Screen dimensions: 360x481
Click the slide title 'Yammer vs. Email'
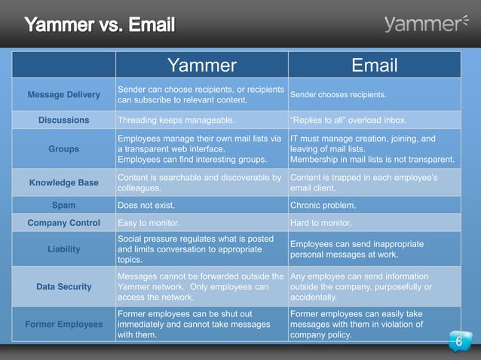coord(100,26)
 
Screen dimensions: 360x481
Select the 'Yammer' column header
coord(201,65)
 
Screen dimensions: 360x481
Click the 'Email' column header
coord(374,65)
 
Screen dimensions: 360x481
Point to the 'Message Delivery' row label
coord(63,95)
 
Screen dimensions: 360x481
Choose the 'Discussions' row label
coord(63,120)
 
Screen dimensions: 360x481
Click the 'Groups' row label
coord(63,149)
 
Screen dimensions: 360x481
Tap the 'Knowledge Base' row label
coord(63,182)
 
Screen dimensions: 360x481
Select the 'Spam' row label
coord(63,204)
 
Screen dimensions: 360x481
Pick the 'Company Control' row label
coord(63,223)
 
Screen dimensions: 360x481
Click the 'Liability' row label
coord(63,249)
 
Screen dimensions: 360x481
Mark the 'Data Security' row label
coord(63,286)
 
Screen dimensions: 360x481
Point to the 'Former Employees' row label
coord(63,324)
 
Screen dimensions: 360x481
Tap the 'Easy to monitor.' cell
coord(149,223)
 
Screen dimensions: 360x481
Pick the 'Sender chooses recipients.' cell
coord(339,95)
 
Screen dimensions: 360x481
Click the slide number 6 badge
coord(458,343)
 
